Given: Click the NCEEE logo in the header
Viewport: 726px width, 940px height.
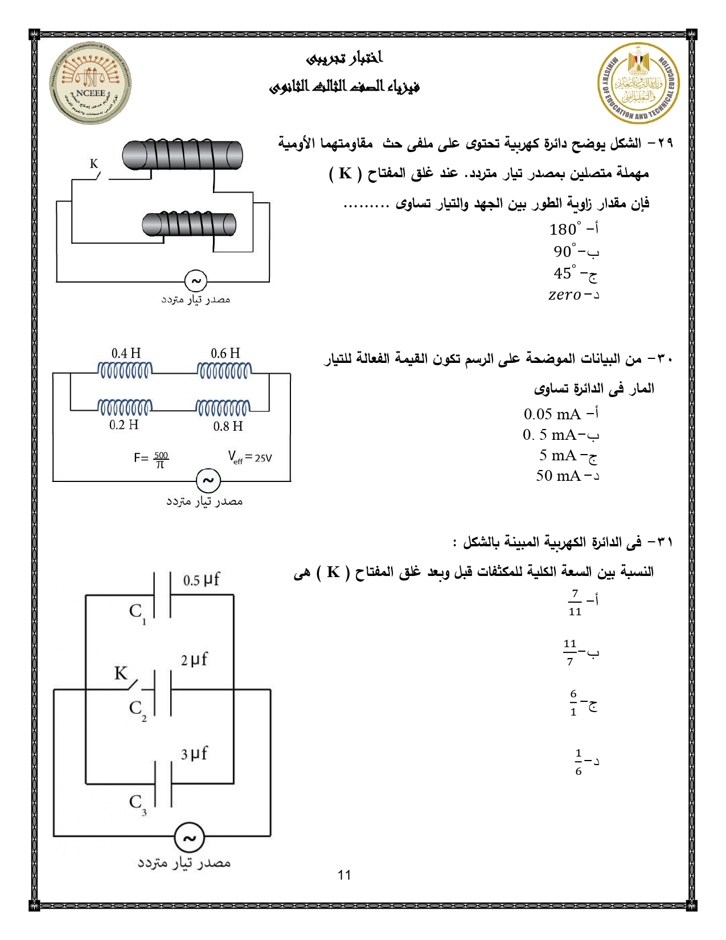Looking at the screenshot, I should [x=90, y=83].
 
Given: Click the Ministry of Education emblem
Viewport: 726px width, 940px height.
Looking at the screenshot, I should [x=638, y=83].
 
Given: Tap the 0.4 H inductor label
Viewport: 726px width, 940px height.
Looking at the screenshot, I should [x=126, y=353].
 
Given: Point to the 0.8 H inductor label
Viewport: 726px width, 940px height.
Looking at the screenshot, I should [x=228, y=426].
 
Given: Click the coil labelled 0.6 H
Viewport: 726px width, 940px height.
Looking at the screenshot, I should [x=223, y=371].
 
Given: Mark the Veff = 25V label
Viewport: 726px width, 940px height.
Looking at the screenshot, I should [x=250, y=457].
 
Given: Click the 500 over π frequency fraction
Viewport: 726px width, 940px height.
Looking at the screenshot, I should [x=161, y=459].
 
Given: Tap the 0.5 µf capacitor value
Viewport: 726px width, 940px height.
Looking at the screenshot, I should [x=201, y=580].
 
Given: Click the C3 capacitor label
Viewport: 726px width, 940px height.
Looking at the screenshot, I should [x=137, y=803].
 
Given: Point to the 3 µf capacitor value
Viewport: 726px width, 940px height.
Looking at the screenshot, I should [x=194, y=754].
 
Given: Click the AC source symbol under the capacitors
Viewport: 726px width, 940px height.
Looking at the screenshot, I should [x=188, y=837].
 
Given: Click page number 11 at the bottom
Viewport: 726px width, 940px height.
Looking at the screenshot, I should [x=344, y=875].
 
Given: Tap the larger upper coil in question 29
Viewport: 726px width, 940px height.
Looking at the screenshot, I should [x=182, y=156].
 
